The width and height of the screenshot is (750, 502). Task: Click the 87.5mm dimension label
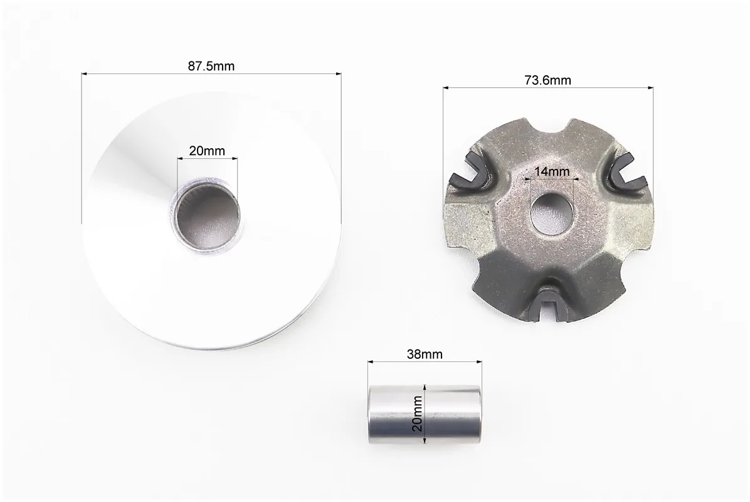211,66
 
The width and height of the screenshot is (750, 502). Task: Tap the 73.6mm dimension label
547,80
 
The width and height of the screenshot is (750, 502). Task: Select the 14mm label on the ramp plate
552,171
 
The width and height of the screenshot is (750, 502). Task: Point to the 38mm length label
425,355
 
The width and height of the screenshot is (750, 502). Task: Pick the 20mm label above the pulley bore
207,151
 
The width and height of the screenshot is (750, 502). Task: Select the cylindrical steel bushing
424,414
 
